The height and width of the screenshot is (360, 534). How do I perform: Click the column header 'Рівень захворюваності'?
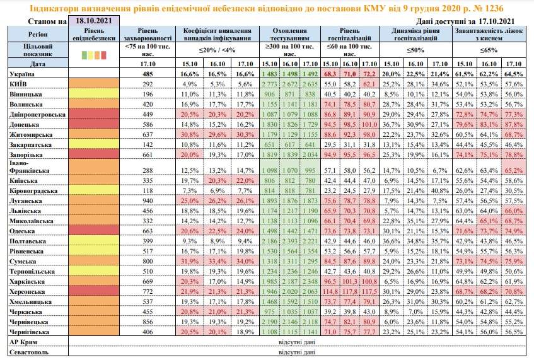(148, 34)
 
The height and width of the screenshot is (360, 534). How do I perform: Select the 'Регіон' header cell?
(33, 33)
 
